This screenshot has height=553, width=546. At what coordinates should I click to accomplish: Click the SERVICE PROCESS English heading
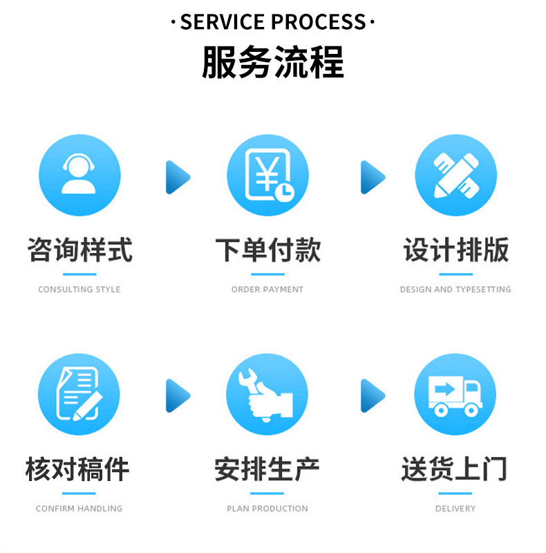click(x=272, y=22)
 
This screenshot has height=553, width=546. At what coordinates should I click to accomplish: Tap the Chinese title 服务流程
click(x=272, y=62)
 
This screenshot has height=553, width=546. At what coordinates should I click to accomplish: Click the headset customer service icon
click(x=79, y=176)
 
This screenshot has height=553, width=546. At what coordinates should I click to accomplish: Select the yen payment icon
click(x=267, y=176)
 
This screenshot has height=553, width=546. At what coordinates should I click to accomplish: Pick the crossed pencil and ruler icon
click(x=455, y=176)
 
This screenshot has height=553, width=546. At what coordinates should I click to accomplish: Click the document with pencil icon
click(x=79, y=395)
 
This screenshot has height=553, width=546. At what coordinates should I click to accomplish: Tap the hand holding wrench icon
click(x=267, y=395)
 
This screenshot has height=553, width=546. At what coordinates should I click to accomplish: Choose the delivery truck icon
click(x=455, y=395)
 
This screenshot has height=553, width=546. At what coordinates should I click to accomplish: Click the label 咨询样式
click(x=79, y=250)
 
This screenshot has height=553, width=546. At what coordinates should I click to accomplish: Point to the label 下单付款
click(x=267, y=250)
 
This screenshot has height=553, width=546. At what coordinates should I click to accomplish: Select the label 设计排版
click(x=455, y=250)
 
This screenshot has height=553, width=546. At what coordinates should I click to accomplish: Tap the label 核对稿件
click(x=77, y=469)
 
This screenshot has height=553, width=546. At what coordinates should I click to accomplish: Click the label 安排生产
click(x=267, y=469)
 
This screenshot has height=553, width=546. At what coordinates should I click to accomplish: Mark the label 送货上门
click(x=454, y=469)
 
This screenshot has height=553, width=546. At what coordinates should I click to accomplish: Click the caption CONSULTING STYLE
click(x=79, y=290)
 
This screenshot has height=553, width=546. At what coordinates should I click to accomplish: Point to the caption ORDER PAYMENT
click(x=267, y=290)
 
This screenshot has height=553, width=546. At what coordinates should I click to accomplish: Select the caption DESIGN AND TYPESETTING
click(x=455, y=290)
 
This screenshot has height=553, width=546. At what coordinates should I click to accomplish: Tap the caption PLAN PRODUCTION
click(x=267, y=509)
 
